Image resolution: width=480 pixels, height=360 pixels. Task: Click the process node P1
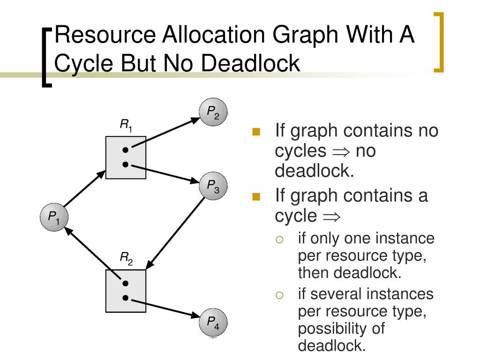(54, 217)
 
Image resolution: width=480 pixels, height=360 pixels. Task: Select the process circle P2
(213, 113)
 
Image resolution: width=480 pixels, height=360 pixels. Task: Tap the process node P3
(213, 186)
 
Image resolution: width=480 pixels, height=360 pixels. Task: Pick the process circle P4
(213, 322)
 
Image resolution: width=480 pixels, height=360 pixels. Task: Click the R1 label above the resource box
(126, 125)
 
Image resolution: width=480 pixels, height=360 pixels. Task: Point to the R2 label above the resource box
(126, 257)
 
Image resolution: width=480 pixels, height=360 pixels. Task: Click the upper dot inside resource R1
(125, 150)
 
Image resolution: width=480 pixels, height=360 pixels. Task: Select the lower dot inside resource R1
(125, 164)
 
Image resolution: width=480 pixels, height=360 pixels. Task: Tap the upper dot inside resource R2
(125, 284)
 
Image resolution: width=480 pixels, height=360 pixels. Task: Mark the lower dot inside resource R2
(125, 298)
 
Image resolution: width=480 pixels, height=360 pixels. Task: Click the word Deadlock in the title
(250, 63)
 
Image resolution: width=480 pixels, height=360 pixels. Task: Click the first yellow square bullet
(256, 132)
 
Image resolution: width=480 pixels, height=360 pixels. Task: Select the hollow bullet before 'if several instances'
(280, 295)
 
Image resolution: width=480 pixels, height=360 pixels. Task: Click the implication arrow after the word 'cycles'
(341, 151)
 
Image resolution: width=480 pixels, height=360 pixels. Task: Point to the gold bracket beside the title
(439, 42)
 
